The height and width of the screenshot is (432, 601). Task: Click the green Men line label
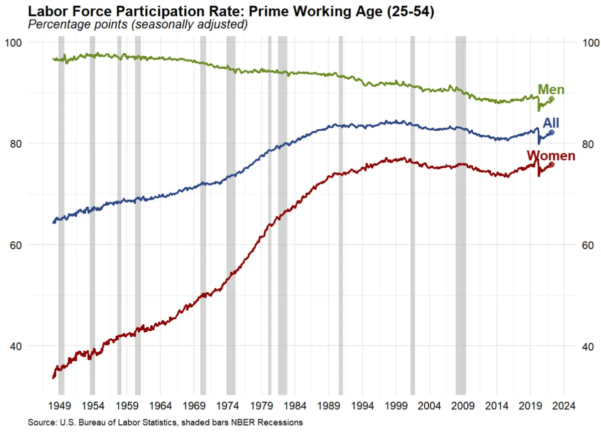pyautogui.click(x=551, y=90)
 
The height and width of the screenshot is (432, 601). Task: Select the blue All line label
pyautogui.click(x=551, y=123)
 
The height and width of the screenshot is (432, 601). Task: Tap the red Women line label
pyautogui.click(x=550, y=155)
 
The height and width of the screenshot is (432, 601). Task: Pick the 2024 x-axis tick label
pyautogui.click(x=564, y=405)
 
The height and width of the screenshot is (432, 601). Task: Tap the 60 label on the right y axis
pyautogui.click(x=585, y=245)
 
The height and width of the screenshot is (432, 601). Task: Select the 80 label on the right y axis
pyautogui.click(x=585, y=144)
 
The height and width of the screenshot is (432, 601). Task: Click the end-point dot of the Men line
pyautogui.click(x=551, y=99)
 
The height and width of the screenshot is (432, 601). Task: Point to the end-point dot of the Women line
pyautogui.click(x=551, y=164)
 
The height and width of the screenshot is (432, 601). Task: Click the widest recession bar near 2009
pyautogui.click(x=460, y=215)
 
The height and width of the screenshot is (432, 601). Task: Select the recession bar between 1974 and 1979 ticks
pyautogui.click(x=231, y=215)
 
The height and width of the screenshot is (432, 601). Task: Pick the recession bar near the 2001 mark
pyautogui.click(x=413, y=215)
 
